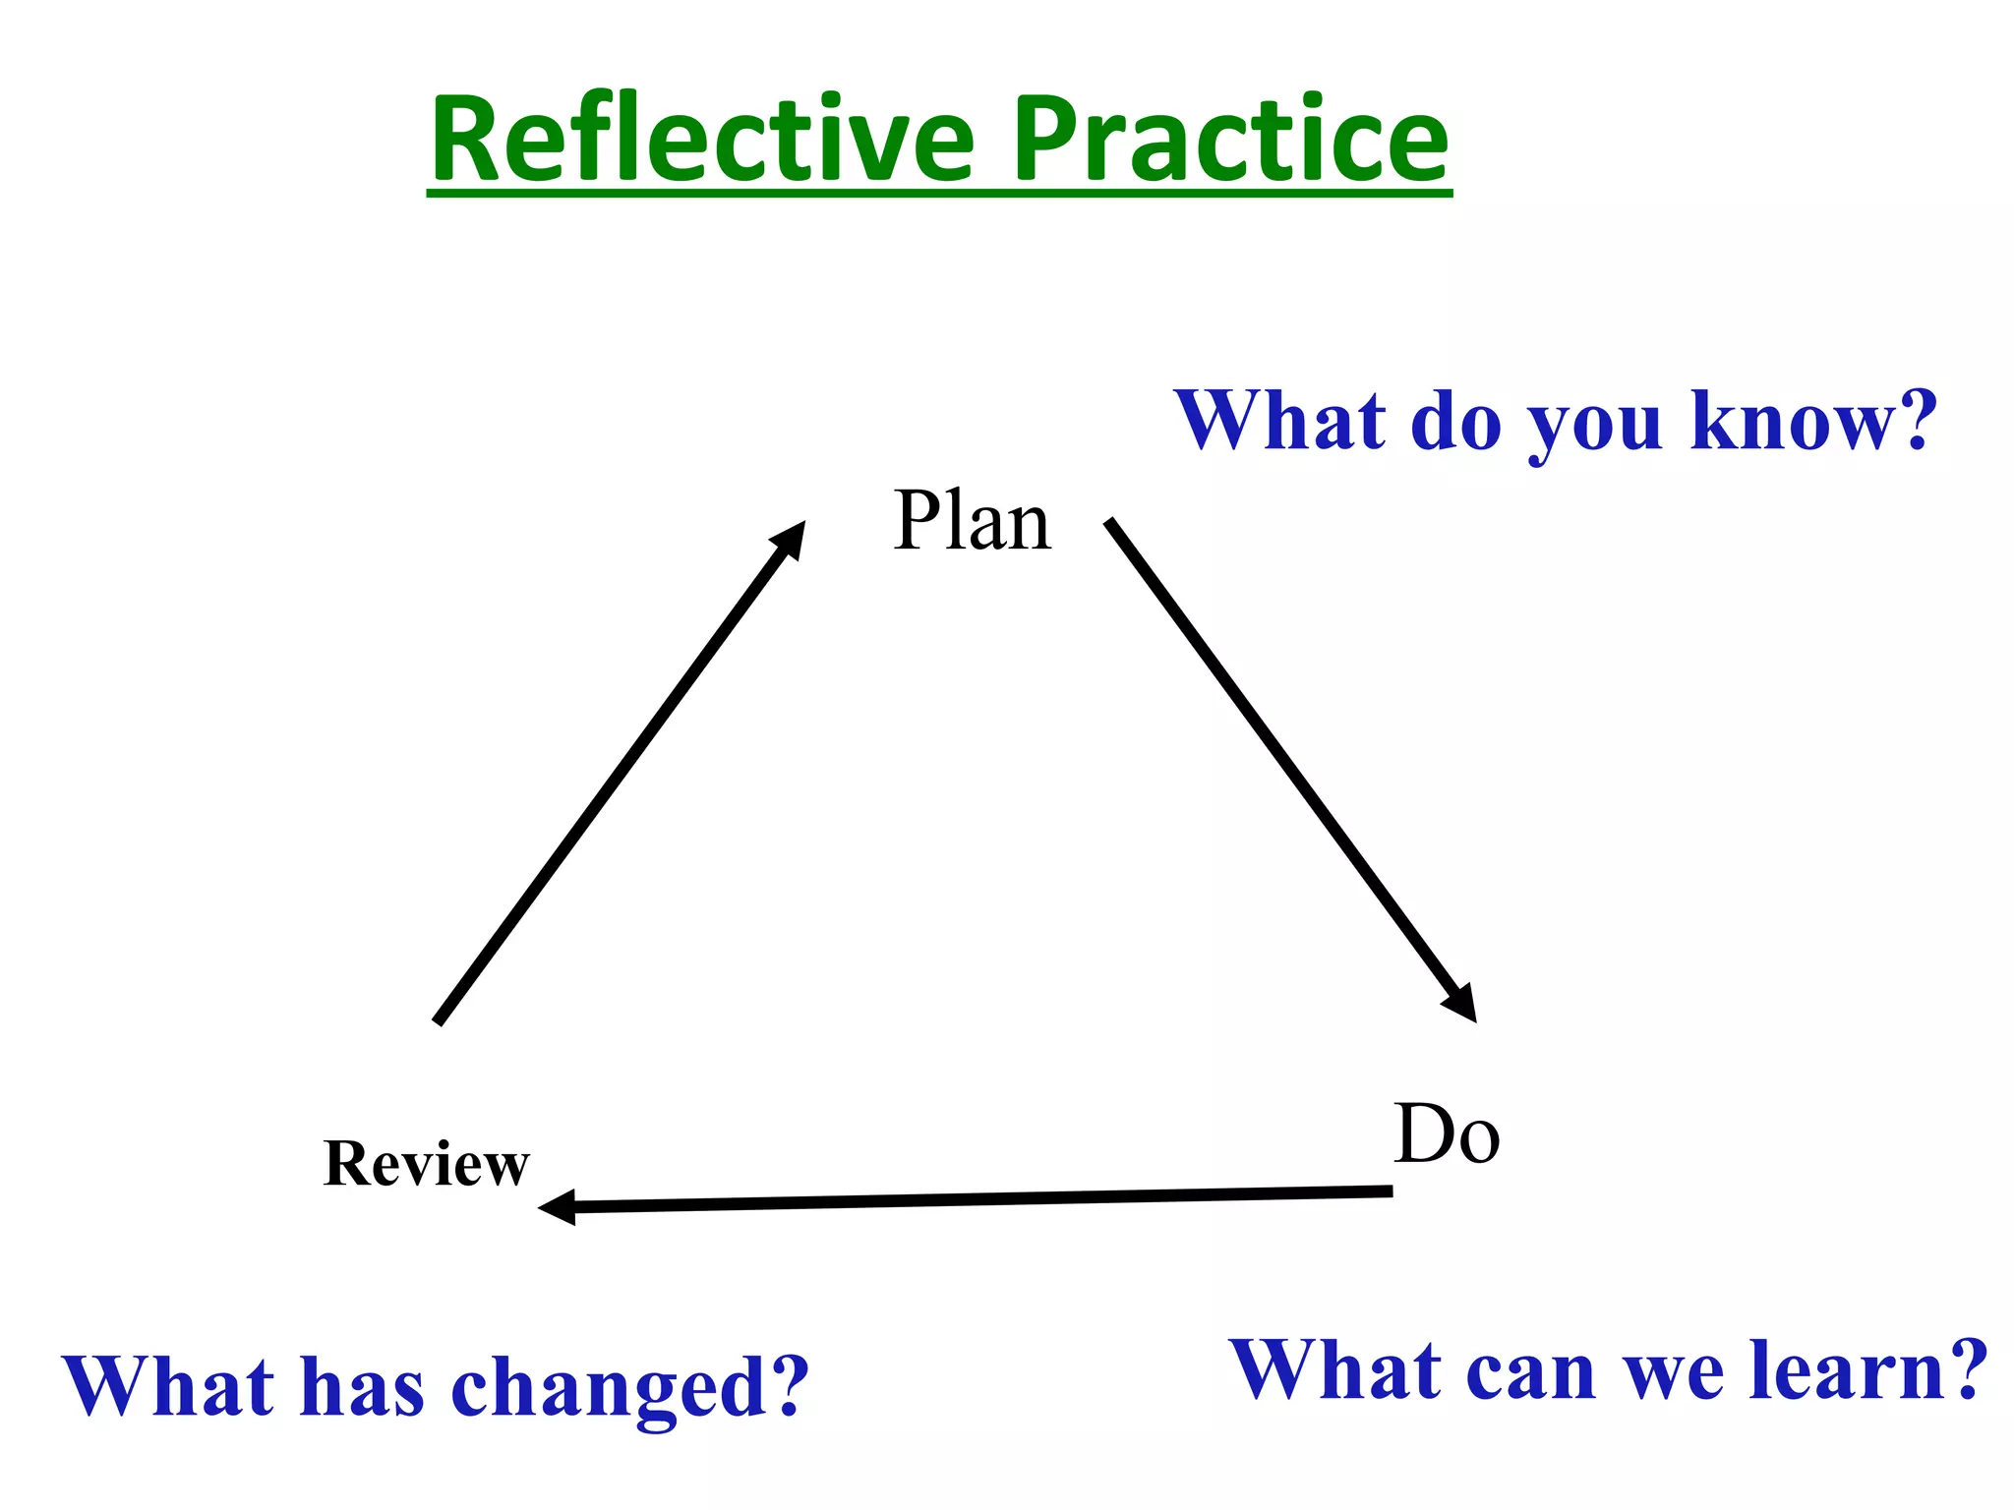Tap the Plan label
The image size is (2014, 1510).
pos(973,521)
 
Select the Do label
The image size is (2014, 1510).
pos(1447,1135)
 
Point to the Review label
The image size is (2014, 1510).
pos(426,1164)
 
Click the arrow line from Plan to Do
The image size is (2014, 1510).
pos(1278,757)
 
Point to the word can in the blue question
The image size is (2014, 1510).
pos(1530,1370)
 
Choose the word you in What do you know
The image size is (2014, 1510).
pos(1594,423)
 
